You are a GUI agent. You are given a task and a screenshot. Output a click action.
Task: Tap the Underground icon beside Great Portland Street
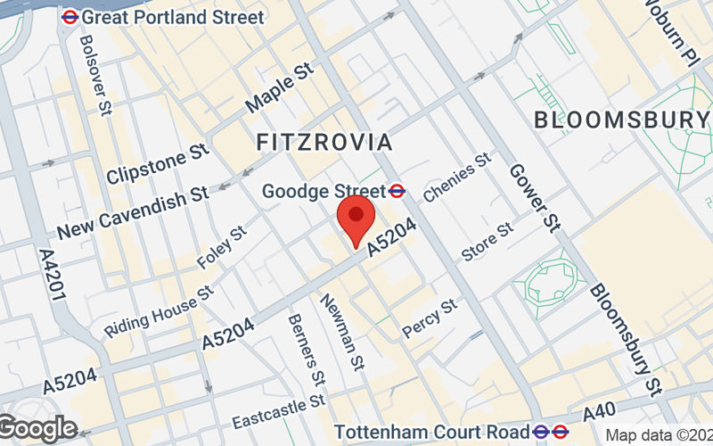tap(69, 17)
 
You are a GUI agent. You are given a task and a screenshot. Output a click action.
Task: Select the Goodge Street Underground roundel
tap(398, 190)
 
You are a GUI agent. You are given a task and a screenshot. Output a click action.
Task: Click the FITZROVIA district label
tap(324, 142)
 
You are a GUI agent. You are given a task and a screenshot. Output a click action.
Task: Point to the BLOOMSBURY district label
tap(620, 120)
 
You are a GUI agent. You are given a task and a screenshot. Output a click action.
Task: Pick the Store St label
tap(488, 242)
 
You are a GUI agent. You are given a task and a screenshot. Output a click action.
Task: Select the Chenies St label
tap(457, 177)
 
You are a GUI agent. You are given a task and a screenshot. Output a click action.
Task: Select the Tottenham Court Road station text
tap(432, 431)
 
